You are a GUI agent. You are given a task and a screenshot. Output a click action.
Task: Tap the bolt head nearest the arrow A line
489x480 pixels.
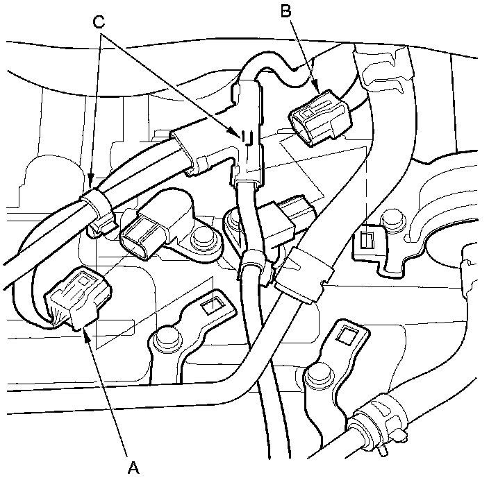pos(165,337)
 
